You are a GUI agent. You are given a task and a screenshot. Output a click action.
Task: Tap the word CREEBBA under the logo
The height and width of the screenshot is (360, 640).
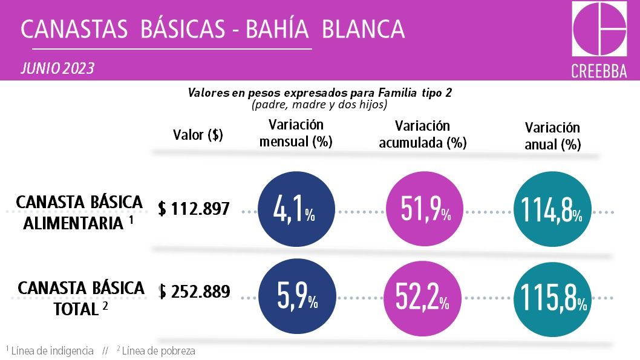[x=599, y=71]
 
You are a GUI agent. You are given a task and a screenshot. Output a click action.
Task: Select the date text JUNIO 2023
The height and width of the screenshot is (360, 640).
[x=57, y=68]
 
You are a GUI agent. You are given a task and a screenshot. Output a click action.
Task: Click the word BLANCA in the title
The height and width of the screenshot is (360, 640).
[x=363, y=28]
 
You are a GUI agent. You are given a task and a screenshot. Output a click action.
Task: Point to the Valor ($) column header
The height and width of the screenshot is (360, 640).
[x=198, y=135]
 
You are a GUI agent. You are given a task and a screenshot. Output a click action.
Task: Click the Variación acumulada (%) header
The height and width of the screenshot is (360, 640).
[x=423, y=134]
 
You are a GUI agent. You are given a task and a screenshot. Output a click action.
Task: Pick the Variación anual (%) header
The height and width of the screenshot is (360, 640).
[x=552, y=136]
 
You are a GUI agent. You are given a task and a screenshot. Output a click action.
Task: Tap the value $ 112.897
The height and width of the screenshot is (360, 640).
[x=194, y=209]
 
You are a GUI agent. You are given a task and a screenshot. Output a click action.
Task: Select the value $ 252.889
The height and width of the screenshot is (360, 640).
[x=194, y=292]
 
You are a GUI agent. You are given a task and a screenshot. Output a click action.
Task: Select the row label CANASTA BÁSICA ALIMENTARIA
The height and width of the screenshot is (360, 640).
[x=79, y=212]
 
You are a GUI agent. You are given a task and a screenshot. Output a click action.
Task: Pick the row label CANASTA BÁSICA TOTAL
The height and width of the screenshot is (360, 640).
[x=80, y=298]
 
